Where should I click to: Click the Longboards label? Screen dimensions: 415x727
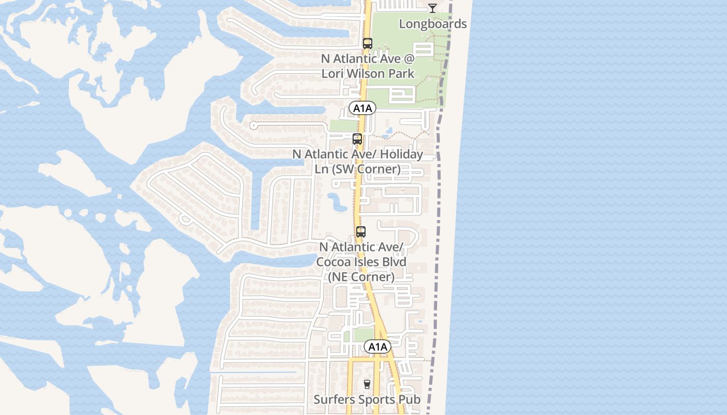coord(433,24)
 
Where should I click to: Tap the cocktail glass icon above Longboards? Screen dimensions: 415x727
coord(432,8)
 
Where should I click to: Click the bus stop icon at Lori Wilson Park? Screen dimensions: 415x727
coord(368,44)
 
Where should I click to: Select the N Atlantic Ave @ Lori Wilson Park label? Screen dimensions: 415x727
coord(368,66)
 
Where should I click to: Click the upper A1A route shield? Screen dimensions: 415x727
coord(362,108)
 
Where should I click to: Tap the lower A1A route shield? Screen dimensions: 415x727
coord(377,347)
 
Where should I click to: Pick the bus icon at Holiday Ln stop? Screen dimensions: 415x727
coord(357,139)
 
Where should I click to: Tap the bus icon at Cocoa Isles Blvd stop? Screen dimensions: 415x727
coord(361,232)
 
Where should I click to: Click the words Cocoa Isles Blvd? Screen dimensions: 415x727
coord(362,262)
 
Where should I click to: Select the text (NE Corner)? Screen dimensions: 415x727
coord(361,276)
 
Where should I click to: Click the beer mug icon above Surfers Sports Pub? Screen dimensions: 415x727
coord(368,384)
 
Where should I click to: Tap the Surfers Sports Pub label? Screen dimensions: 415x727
coord(367,399)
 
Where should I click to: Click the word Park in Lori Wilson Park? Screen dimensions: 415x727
coord(401,74)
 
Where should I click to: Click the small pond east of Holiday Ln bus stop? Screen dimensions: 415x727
coord(386,134)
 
